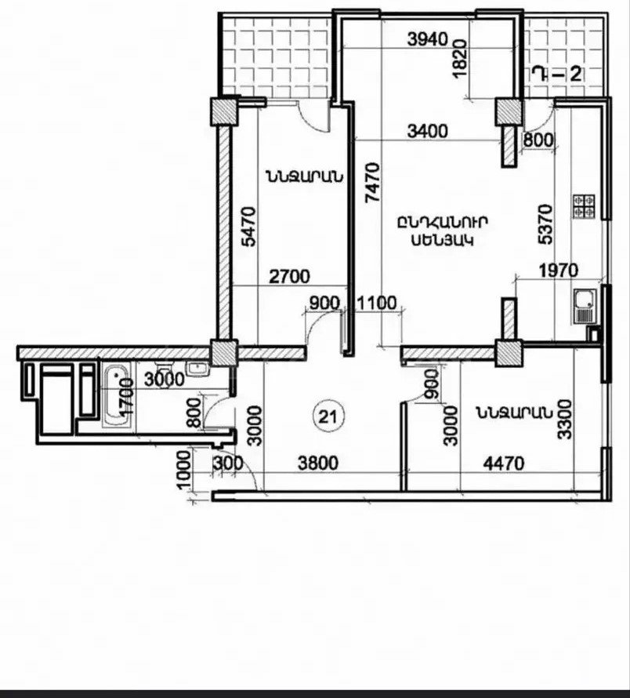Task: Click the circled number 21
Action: coord(329,416)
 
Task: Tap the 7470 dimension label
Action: coord(372,183)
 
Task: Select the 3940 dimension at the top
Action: coord(428,40)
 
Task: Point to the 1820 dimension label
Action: coord(460,58)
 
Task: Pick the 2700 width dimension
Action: coord(290,276)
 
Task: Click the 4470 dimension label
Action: coord(504,464)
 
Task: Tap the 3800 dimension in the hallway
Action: coord(317,464)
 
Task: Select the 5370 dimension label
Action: coord(545,224)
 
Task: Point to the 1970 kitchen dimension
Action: coord(559,271)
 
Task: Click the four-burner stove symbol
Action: coord(584,205)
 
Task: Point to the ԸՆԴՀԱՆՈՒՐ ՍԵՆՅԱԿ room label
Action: coord(442,231)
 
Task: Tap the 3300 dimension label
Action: coord(564,420)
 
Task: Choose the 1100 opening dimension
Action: coord(376,304)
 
